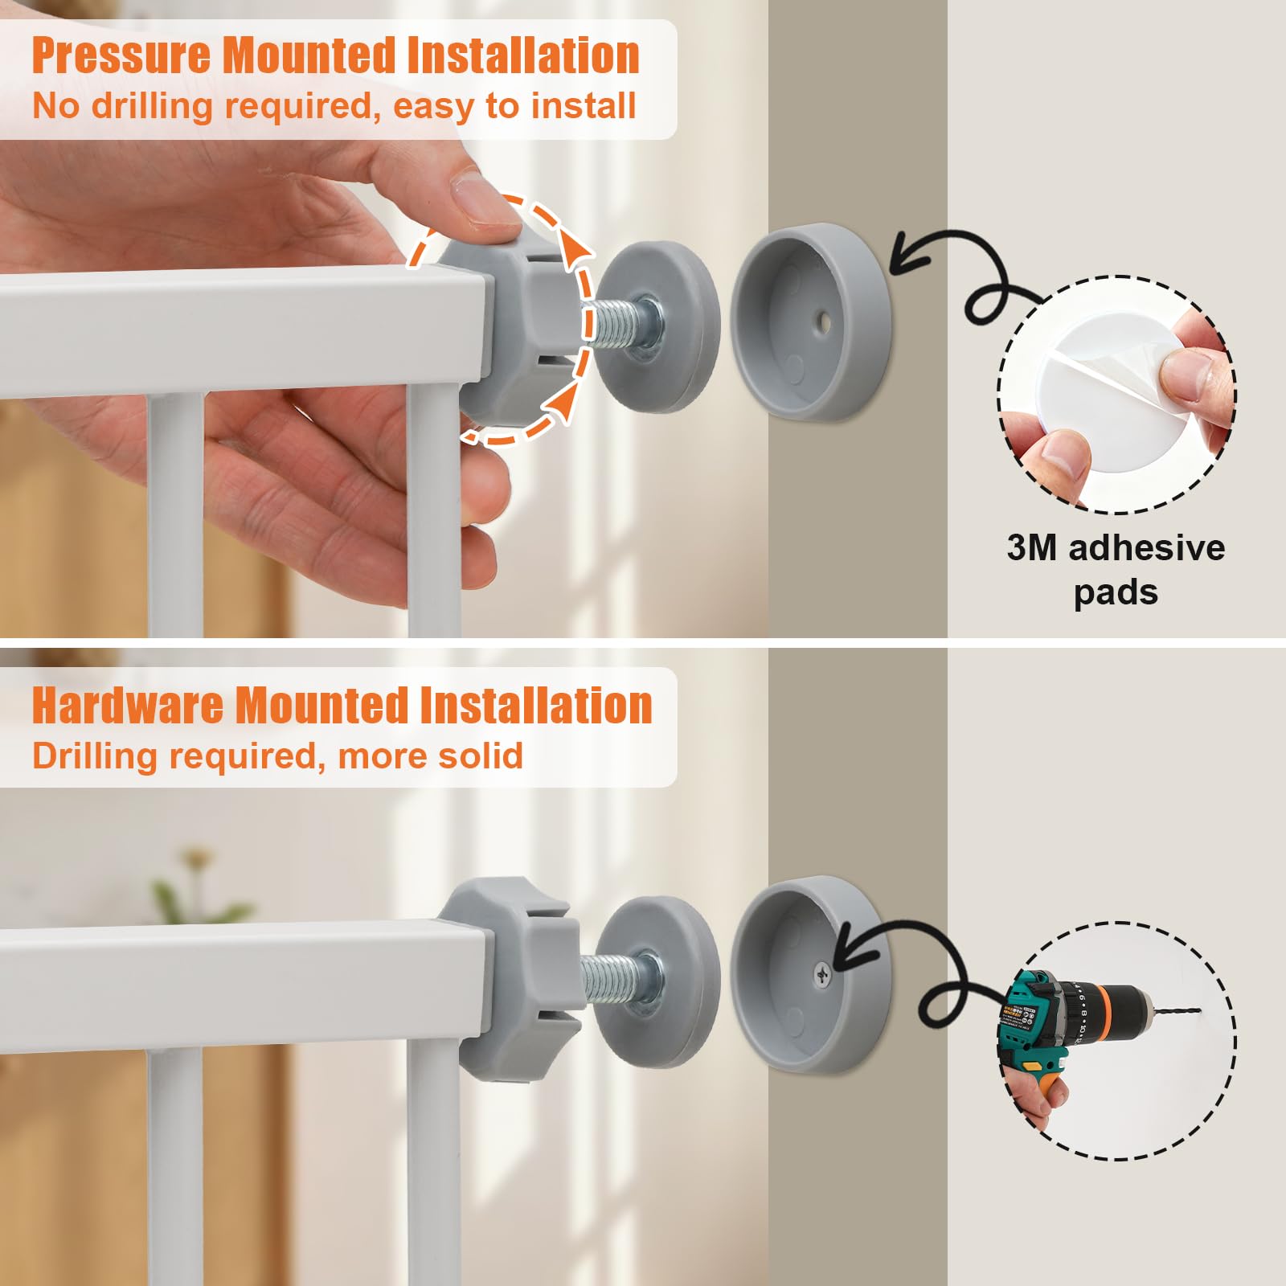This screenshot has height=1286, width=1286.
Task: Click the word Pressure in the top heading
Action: (122, 55)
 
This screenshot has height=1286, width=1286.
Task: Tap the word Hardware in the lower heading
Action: (127, 705)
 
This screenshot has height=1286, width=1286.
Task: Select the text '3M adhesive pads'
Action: (1116, 569)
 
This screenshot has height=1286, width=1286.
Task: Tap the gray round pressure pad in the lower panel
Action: (659, 981)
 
